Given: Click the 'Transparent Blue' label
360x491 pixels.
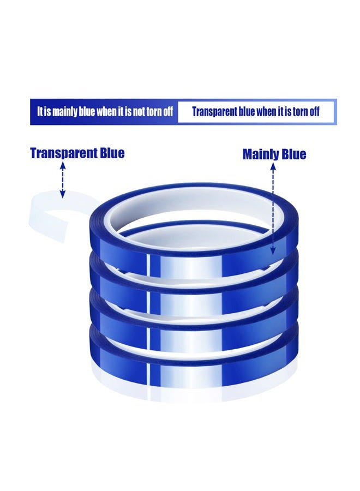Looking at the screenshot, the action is coord(77,153).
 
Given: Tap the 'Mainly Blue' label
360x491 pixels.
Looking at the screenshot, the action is coord(274,154).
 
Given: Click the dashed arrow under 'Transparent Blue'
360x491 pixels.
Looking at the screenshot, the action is coord(63,179).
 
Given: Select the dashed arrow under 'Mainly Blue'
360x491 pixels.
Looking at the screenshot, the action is coord(273,209).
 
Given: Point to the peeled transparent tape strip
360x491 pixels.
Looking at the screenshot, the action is coord(47,216).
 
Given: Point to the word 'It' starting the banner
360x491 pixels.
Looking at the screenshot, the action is coord(40,111).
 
